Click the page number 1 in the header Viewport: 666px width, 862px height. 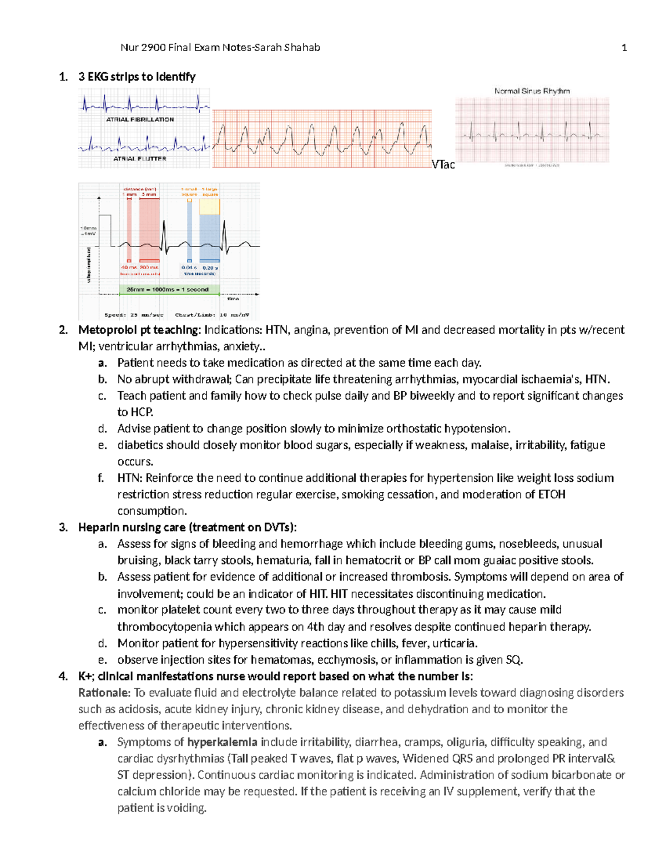pyautogui.click(x=624, y=48)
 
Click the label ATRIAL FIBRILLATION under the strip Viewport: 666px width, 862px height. pyautogui.click(x=140, y=119)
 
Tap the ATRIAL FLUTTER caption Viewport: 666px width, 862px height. pyautogui.click(x=140, y=159)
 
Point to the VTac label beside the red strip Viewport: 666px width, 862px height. pyautogui.click(x=443, y=164)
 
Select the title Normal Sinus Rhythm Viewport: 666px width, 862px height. pyautogui.click(x=532, y=91)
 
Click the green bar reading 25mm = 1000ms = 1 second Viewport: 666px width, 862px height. pyautogui.click(x=167, y=289)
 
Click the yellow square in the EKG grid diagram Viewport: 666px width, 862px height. pyautogui.click(x=209, y=206)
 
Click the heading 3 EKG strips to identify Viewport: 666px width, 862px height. pyautogui.click(x=137, y=77)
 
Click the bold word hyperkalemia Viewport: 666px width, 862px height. pyautogui.click(x=222, y=742)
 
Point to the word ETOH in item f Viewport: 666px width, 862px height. pyautogui.click(x=552, y=494)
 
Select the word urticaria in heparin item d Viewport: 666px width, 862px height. pyautogui.click(x=453, y=643)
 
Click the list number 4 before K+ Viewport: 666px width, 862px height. pyautogui.click(x=63, y=676)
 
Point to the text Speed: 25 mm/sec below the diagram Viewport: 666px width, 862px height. pyautogui.click(x=134, y=315)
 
